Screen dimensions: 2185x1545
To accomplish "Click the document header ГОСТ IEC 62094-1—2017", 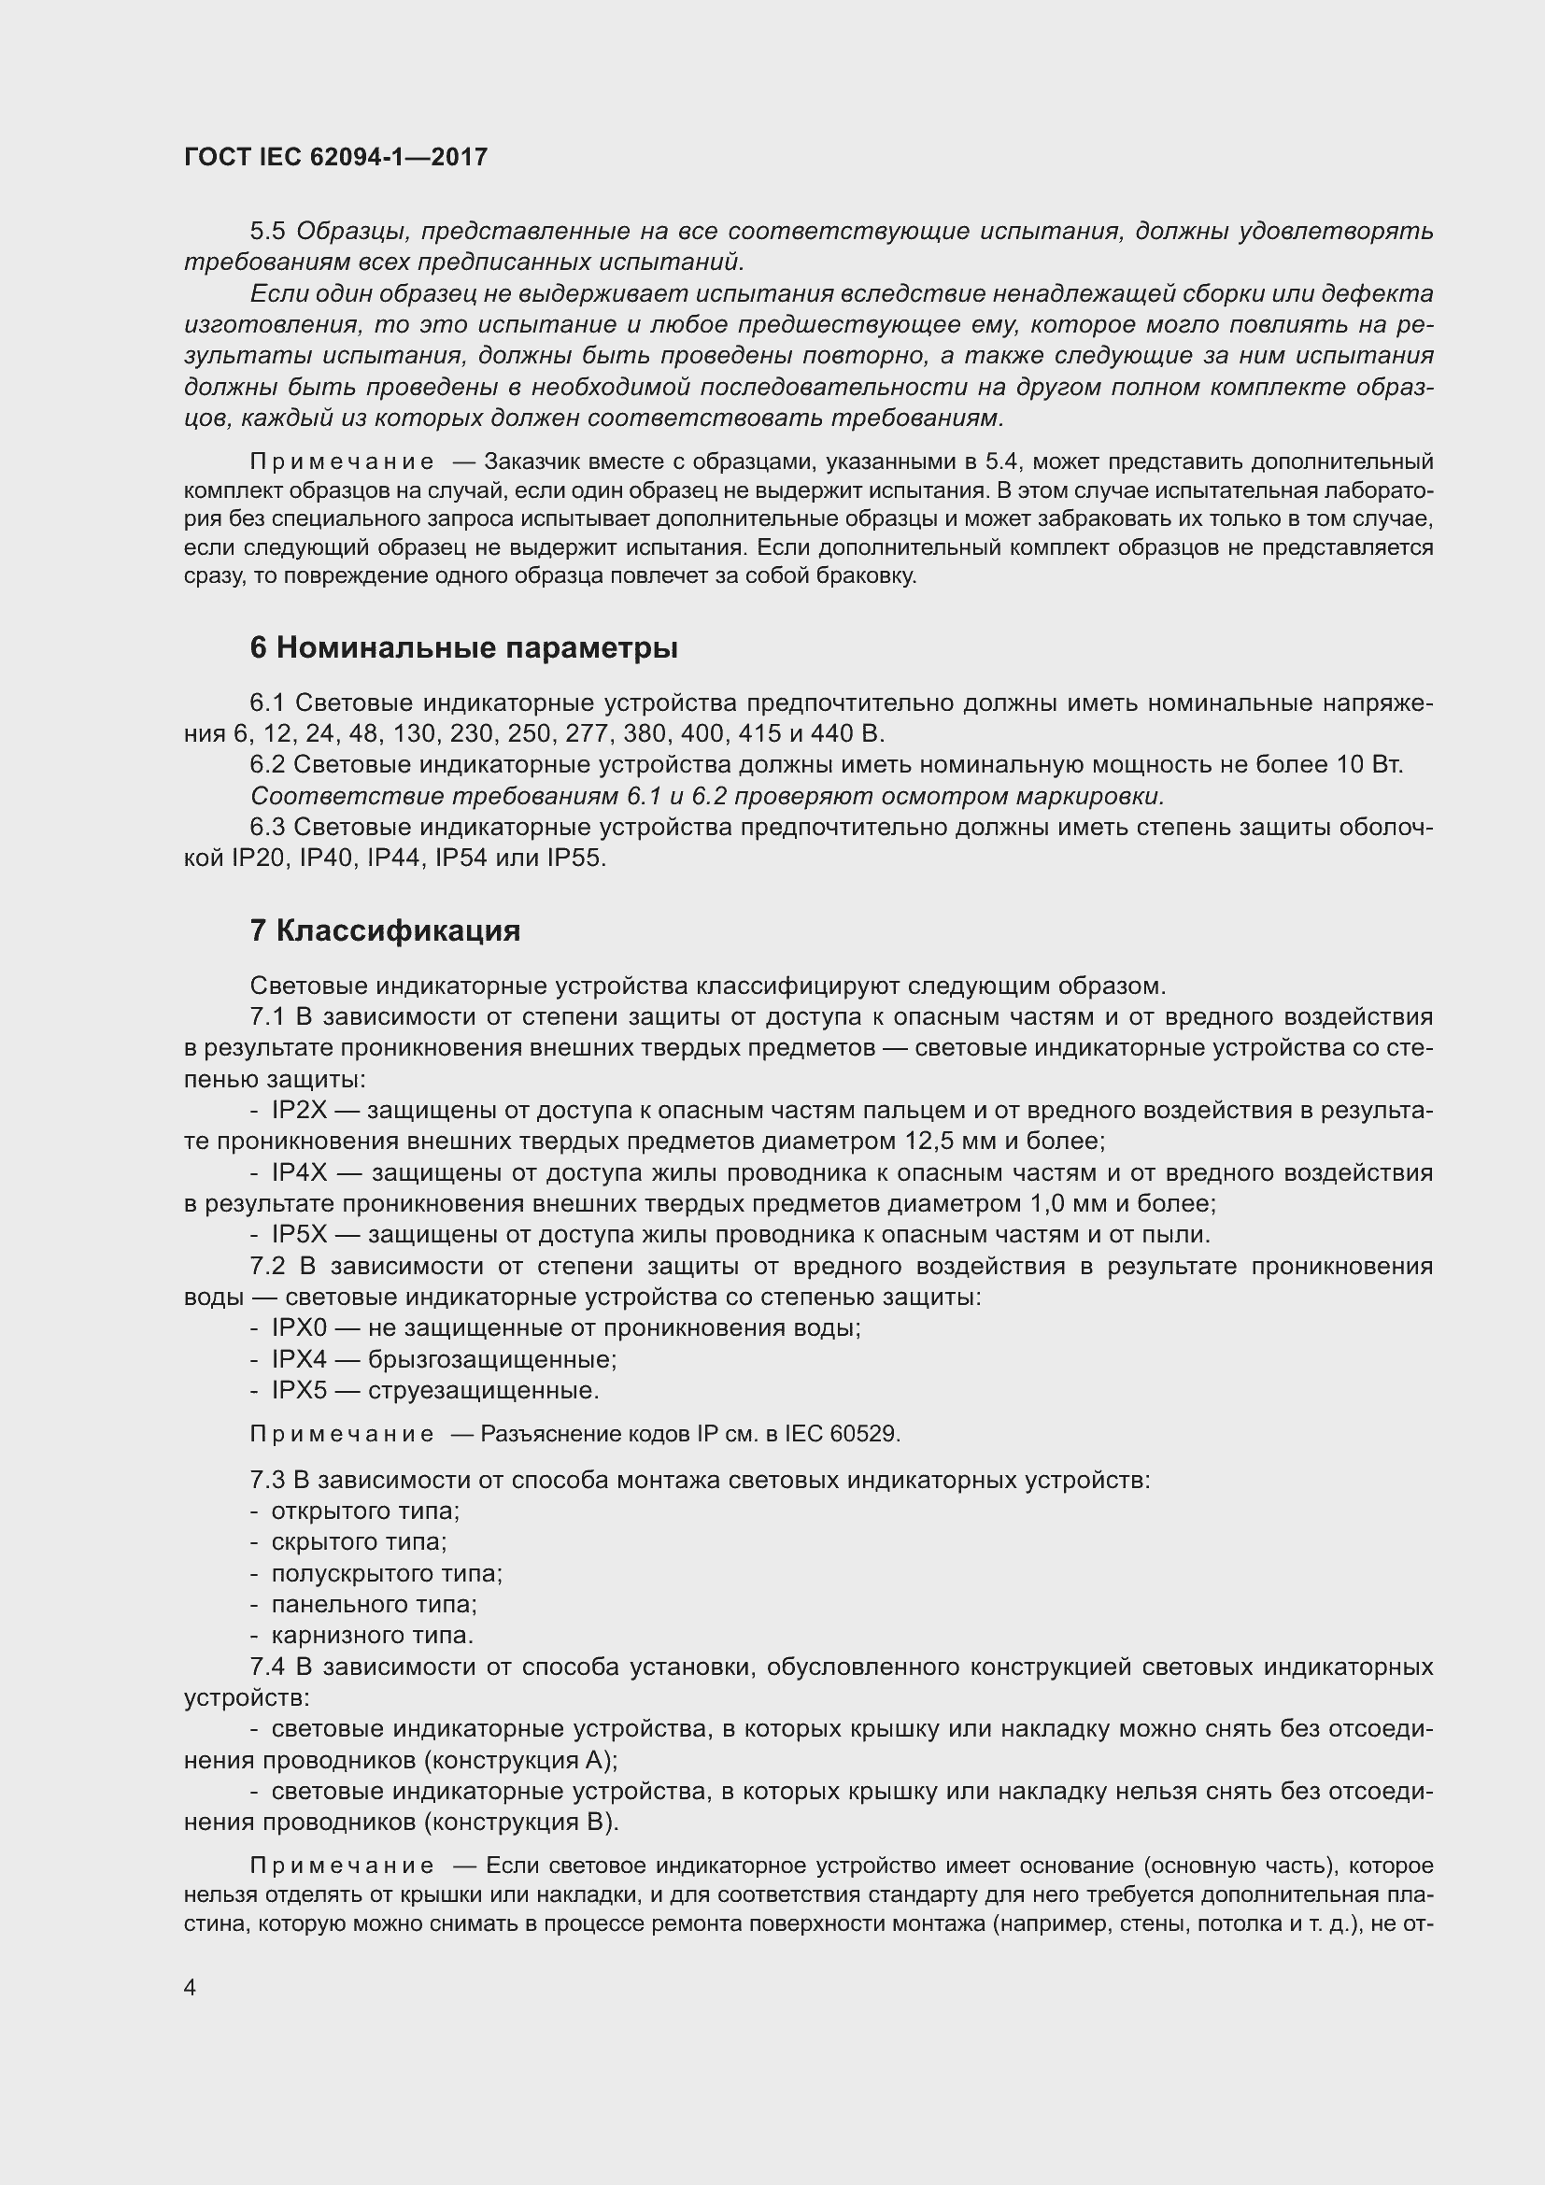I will click(336, 157).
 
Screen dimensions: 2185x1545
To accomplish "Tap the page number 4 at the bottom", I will click(191, 1988).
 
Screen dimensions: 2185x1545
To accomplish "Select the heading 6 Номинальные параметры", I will click(463, 648).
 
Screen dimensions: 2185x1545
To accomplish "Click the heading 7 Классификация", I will click(384, 929).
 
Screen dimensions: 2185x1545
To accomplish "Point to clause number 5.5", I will click(268, 232).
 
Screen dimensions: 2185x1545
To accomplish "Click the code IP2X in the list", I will click(299, 1111).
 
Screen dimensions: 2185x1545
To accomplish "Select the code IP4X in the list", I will click(299, 1172).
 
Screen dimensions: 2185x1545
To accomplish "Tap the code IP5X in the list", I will click(299, 1234).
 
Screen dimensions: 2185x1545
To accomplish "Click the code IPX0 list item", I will click(299, 1327).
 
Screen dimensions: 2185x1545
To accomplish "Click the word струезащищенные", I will click(483, 1390).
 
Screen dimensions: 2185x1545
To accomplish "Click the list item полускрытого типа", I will click(387, 1573).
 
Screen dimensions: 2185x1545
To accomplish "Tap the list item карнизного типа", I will click(372, 1635).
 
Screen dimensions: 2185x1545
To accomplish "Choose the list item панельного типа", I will click(374, 1605).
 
